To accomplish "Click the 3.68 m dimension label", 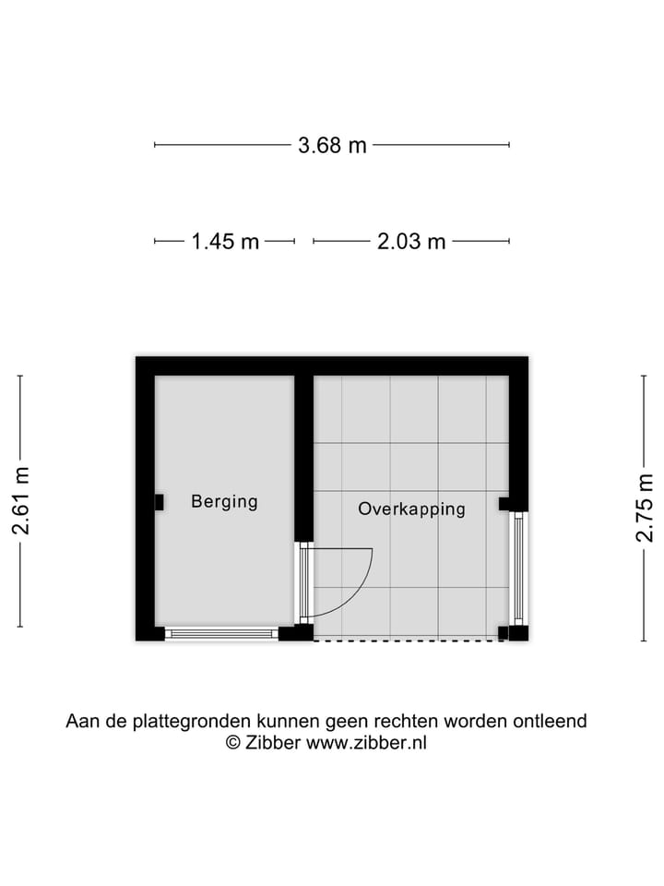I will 332,145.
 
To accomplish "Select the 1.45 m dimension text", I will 225,242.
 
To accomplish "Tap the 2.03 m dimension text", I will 411,242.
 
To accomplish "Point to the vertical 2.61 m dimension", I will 20,501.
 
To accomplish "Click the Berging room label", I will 224,502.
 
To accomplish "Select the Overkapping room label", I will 411,509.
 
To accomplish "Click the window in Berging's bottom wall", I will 222,633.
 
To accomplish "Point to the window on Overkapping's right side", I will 518,568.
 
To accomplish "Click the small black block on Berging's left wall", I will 159,502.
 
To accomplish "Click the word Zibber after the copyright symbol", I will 273,743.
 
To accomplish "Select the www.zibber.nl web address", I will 366,743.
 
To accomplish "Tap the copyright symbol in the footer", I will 233,743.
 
